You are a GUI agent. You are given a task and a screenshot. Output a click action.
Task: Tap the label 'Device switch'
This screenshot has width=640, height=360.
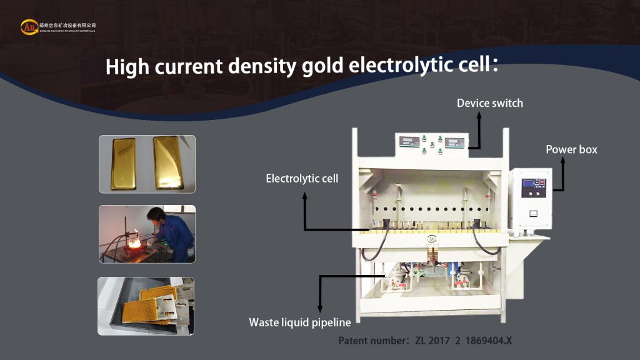(x=489, y=102)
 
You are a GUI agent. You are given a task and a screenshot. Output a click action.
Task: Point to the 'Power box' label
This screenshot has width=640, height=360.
(x=571, y=149)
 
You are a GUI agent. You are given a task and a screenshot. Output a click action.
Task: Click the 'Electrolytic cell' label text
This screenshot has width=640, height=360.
(x=302, y=179)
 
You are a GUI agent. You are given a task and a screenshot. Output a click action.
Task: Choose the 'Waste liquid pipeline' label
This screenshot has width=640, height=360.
(x=300, y=322)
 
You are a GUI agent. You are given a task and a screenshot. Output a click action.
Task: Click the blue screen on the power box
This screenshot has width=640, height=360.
(x=528, y=184)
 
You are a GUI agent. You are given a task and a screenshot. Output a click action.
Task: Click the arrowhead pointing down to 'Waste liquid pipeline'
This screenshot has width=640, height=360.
(x=320, y=307)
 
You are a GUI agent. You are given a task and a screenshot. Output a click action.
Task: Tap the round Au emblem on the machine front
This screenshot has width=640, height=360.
(x=431, y=238)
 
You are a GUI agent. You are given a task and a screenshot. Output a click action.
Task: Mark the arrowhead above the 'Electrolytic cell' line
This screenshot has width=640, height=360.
(x=305, y=196)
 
